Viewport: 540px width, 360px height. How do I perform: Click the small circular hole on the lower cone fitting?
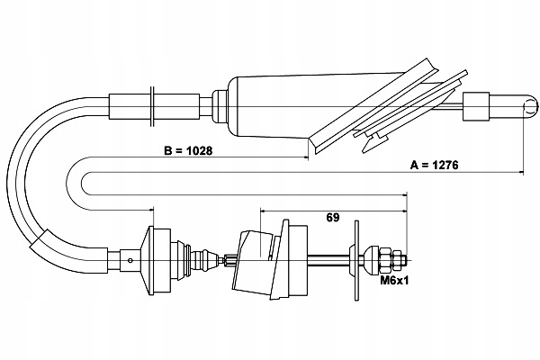[x=131, y=263]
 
